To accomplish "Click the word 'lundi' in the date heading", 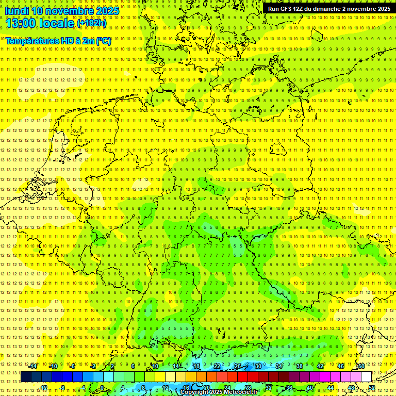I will click(17, 11).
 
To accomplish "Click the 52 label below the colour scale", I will click(372, 388).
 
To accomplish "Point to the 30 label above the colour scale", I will click(258, 366).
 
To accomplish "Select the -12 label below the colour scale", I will click(43, 388).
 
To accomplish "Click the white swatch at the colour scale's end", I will click(367, 377).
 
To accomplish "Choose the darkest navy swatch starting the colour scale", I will click(26, 377).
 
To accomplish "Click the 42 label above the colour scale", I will click(320, 366).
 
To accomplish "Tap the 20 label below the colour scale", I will click(206, 388).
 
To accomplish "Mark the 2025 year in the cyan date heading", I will click(107, 11).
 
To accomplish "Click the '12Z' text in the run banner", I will click(299, 9).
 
